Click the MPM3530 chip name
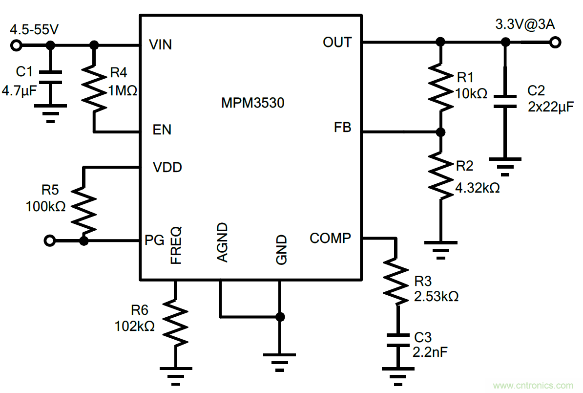point(252,103)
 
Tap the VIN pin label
point(161,45)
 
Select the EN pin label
point(162,130)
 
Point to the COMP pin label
point(330,239)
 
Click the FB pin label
point(343,128)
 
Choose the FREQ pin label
point(176,245)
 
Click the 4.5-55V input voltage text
point(34,29)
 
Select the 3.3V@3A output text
point(525,24)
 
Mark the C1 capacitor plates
point(50,78)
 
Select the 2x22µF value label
point(550,107)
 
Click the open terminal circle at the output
point(554,43)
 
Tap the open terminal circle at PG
point(49,240)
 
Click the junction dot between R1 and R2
point(440,132)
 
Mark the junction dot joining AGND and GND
point(280,316)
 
